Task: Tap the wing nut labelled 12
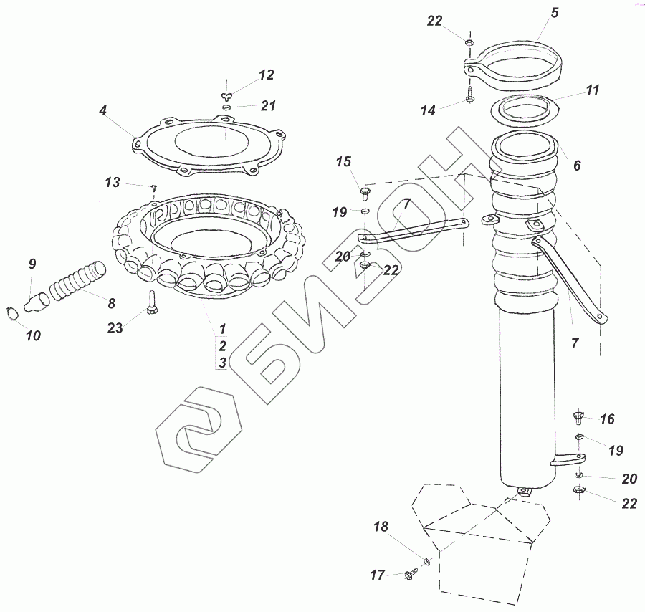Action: point(227,93)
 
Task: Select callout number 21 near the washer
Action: point(268,106)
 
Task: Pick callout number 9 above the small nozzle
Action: point(32,264)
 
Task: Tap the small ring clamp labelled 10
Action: point(10,312)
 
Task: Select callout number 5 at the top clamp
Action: point(555,12)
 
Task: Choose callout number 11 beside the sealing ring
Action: point(592,90)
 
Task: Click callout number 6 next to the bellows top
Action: point(577,165)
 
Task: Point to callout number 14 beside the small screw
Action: point(428,110)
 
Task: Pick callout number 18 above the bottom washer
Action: point(381,527)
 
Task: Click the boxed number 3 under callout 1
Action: point(222,363)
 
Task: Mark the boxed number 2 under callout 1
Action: point(222,345)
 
